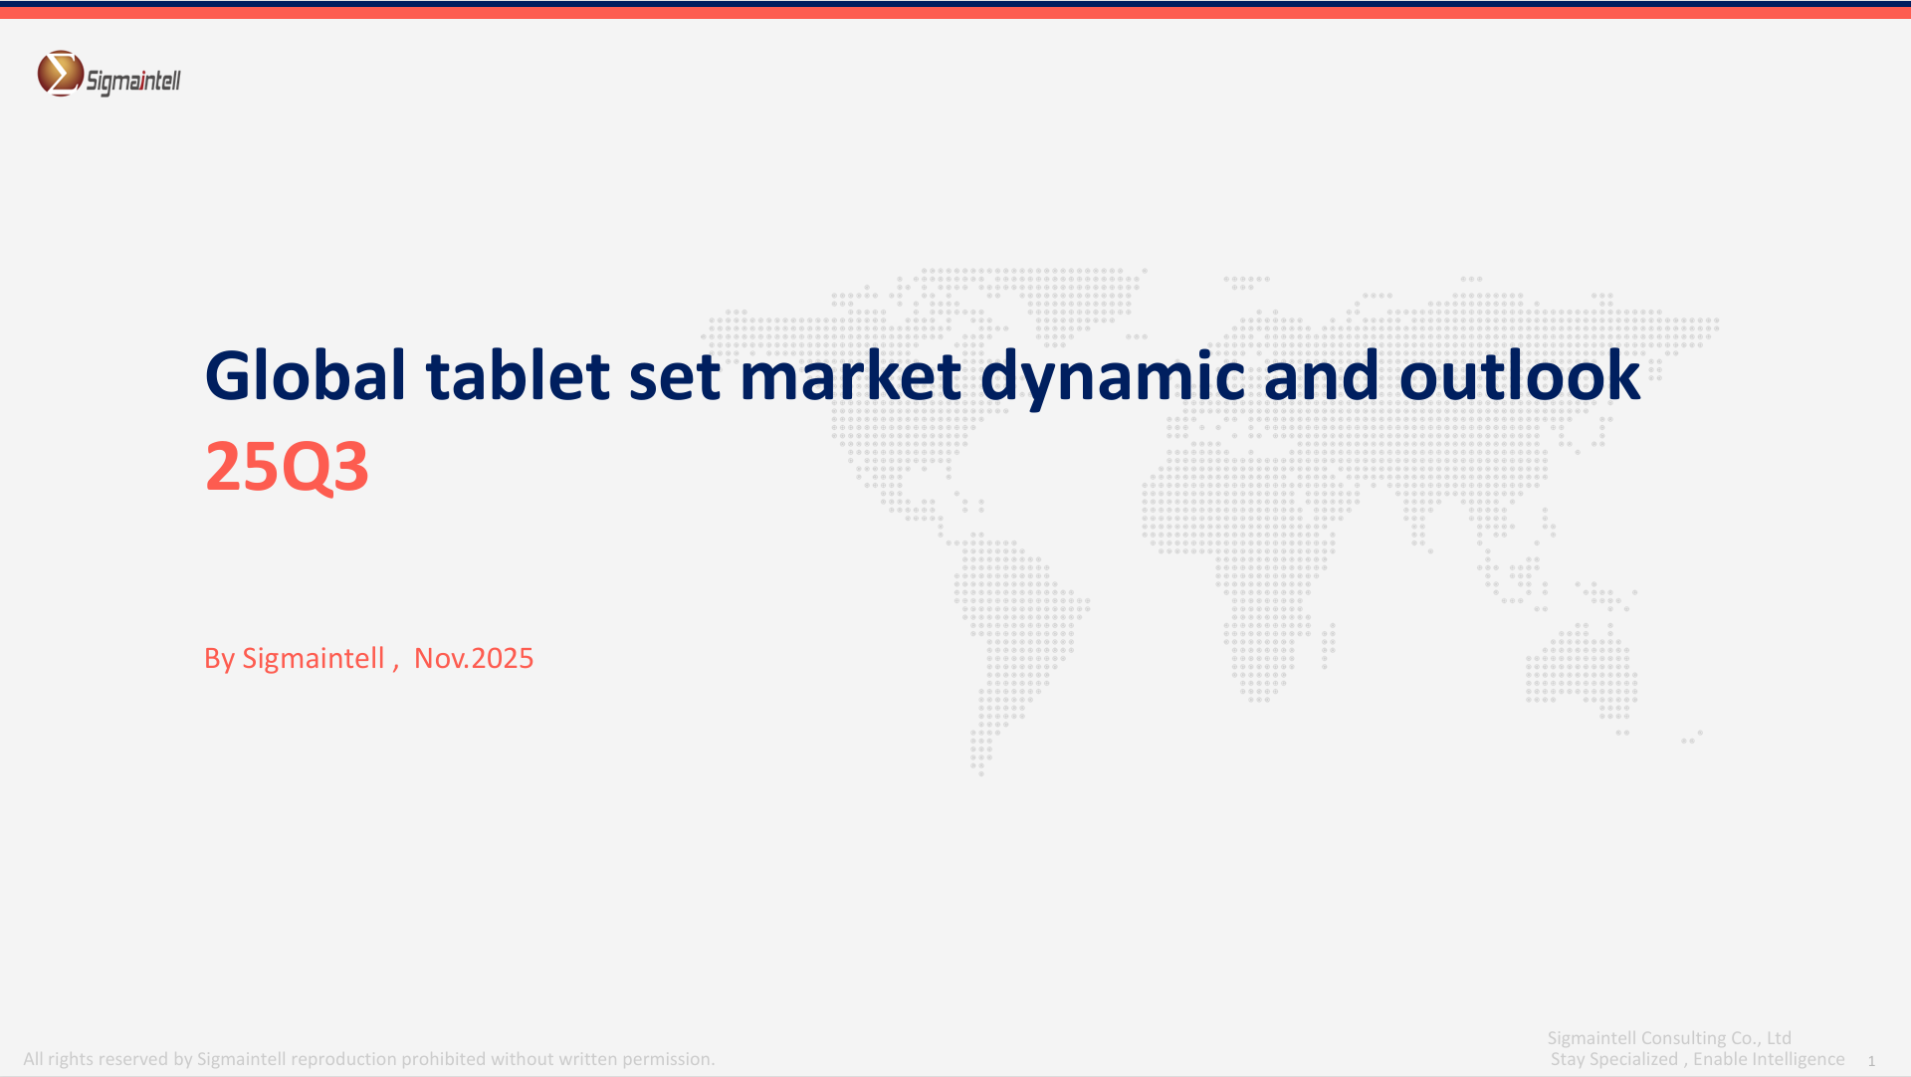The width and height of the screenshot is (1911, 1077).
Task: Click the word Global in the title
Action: pos(306,375)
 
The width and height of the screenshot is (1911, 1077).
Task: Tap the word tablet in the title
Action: pos(518,375)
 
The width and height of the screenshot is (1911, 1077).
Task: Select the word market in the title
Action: pos(850,375)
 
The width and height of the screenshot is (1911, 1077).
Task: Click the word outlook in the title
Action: pos(1520,375)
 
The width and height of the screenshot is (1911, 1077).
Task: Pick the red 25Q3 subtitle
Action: pos(287,466)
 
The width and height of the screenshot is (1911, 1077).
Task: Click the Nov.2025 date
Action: pos(474,658)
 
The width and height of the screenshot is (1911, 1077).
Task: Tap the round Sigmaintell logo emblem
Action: pos(61,74)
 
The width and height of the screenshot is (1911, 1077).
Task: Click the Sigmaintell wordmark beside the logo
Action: pos(133,81)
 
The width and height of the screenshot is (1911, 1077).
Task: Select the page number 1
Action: pos(1871,1061)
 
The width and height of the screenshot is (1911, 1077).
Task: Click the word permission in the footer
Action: pos(667,1059)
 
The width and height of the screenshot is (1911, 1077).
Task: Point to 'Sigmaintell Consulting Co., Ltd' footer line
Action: pos(1669,1037)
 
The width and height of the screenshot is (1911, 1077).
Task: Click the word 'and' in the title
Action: pos(1322,375)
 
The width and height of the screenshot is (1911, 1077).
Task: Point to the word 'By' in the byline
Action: pos(219,659)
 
